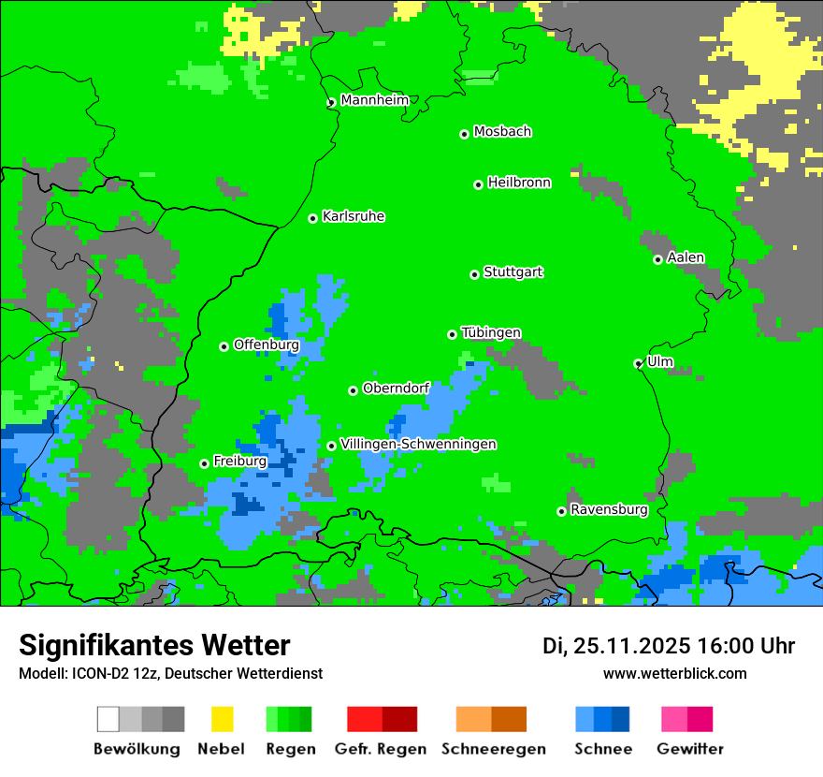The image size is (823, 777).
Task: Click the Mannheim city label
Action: point(374,100)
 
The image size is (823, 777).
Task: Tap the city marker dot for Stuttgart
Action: point(474,274)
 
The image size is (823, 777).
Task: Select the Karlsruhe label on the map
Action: point(354,217)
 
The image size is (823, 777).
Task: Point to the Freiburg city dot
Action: point(204,463)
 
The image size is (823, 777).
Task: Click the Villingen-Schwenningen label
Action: point(418,445)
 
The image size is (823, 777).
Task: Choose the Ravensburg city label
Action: point(609,510)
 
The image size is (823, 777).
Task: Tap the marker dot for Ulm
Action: point(639,363)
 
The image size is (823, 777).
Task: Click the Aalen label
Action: point(686,258)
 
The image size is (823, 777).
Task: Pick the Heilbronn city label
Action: point(519,183)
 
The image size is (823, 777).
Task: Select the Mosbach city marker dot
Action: point(464,134)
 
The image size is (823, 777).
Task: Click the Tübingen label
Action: point(491,333)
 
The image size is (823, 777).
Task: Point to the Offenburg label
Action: point(267,345)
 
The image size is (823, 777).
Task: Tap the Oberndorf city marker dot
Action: point(353,390)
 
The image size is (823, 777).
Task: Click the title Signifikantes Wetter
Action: point(154,646)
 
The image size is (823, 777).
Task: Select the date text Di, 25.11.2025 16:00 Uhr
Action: point(669,646)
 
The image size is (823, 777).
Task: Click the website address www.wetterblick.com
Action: point(674,674)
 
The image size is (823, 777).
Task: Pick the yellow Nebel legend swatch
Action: point(222,719)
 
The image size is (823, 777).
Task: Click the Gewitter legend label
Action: point(690,749)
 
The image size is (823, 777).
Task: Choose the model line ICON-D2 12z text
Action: point(170,674)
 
